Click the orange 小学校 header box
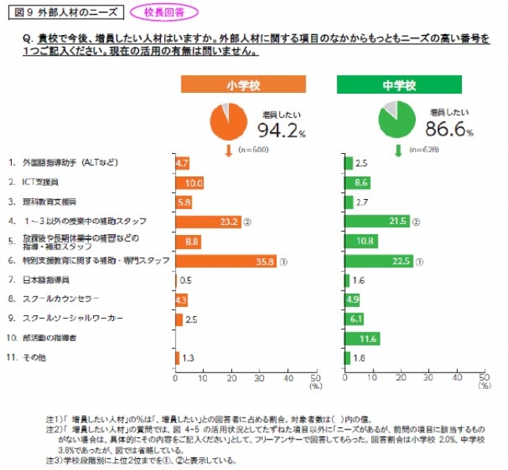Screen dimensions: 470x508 [x=243, y=84]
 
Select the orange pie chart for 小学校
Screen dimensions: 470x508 [x=228, y=119]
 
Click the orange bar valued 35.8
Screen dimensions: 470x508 [x=226, y=262]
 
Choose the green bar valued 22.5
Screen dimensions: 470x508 [x=378, y=262]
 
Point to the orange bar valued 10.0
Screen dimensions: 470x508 [x=189, y=183]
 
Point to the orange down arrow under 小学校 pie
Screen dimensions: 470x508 [x=228, y=149]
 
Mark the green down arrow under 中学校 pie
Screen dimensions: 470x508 [x=397, y=149]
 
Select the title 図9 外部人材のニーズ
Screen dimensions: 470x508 [x=55, y=12]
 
